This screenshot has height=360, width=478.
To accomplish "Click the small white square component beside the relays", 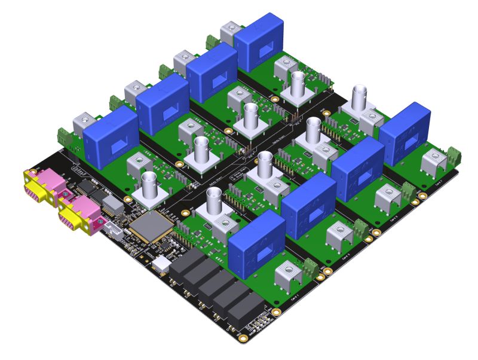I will coord(161,264).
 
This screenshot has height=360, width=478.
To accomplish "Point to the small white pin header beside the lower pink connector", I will coord(113,228).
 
